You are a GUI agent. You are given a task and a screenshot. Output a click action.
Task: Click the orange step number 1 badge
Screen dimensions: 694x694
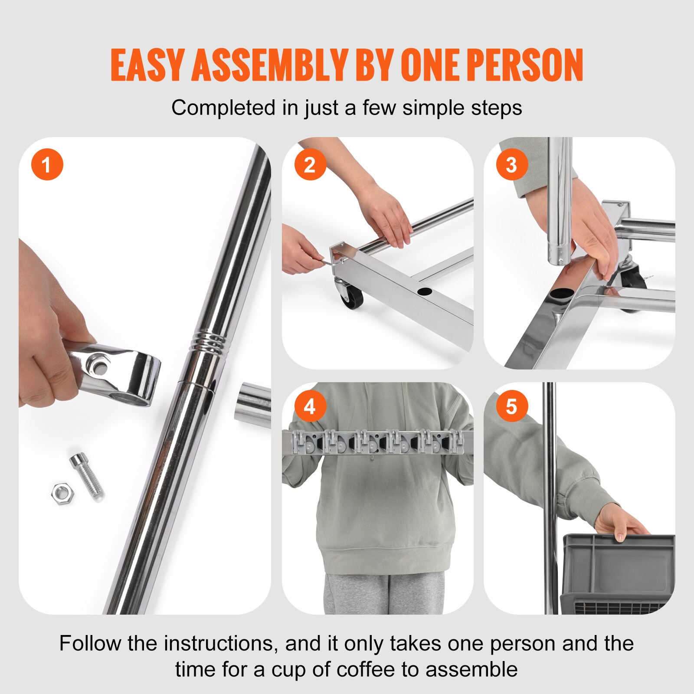click(47, 165)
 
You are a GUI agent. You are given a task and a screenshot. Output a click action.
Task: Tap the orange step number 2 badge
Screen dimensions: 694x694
click(310, 165)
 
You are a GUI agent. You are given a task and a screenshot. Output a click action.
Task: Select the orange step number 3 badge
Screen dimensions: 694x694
click(512, 165)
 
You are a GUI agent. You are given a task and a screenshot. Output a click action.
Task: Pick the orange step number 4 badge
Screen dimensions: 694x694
click(310, 406)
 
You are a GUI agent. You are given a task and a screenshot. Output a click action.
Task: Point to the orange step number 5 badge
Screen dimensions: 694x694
click(512, 406)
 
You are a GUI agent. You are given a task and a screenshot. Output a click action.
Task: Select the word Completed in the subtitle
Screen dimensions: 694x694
click(223, 108)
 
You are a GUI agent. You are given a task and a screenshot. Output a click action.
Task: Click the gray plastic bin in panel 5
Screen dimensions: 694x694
click(618, 573)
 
